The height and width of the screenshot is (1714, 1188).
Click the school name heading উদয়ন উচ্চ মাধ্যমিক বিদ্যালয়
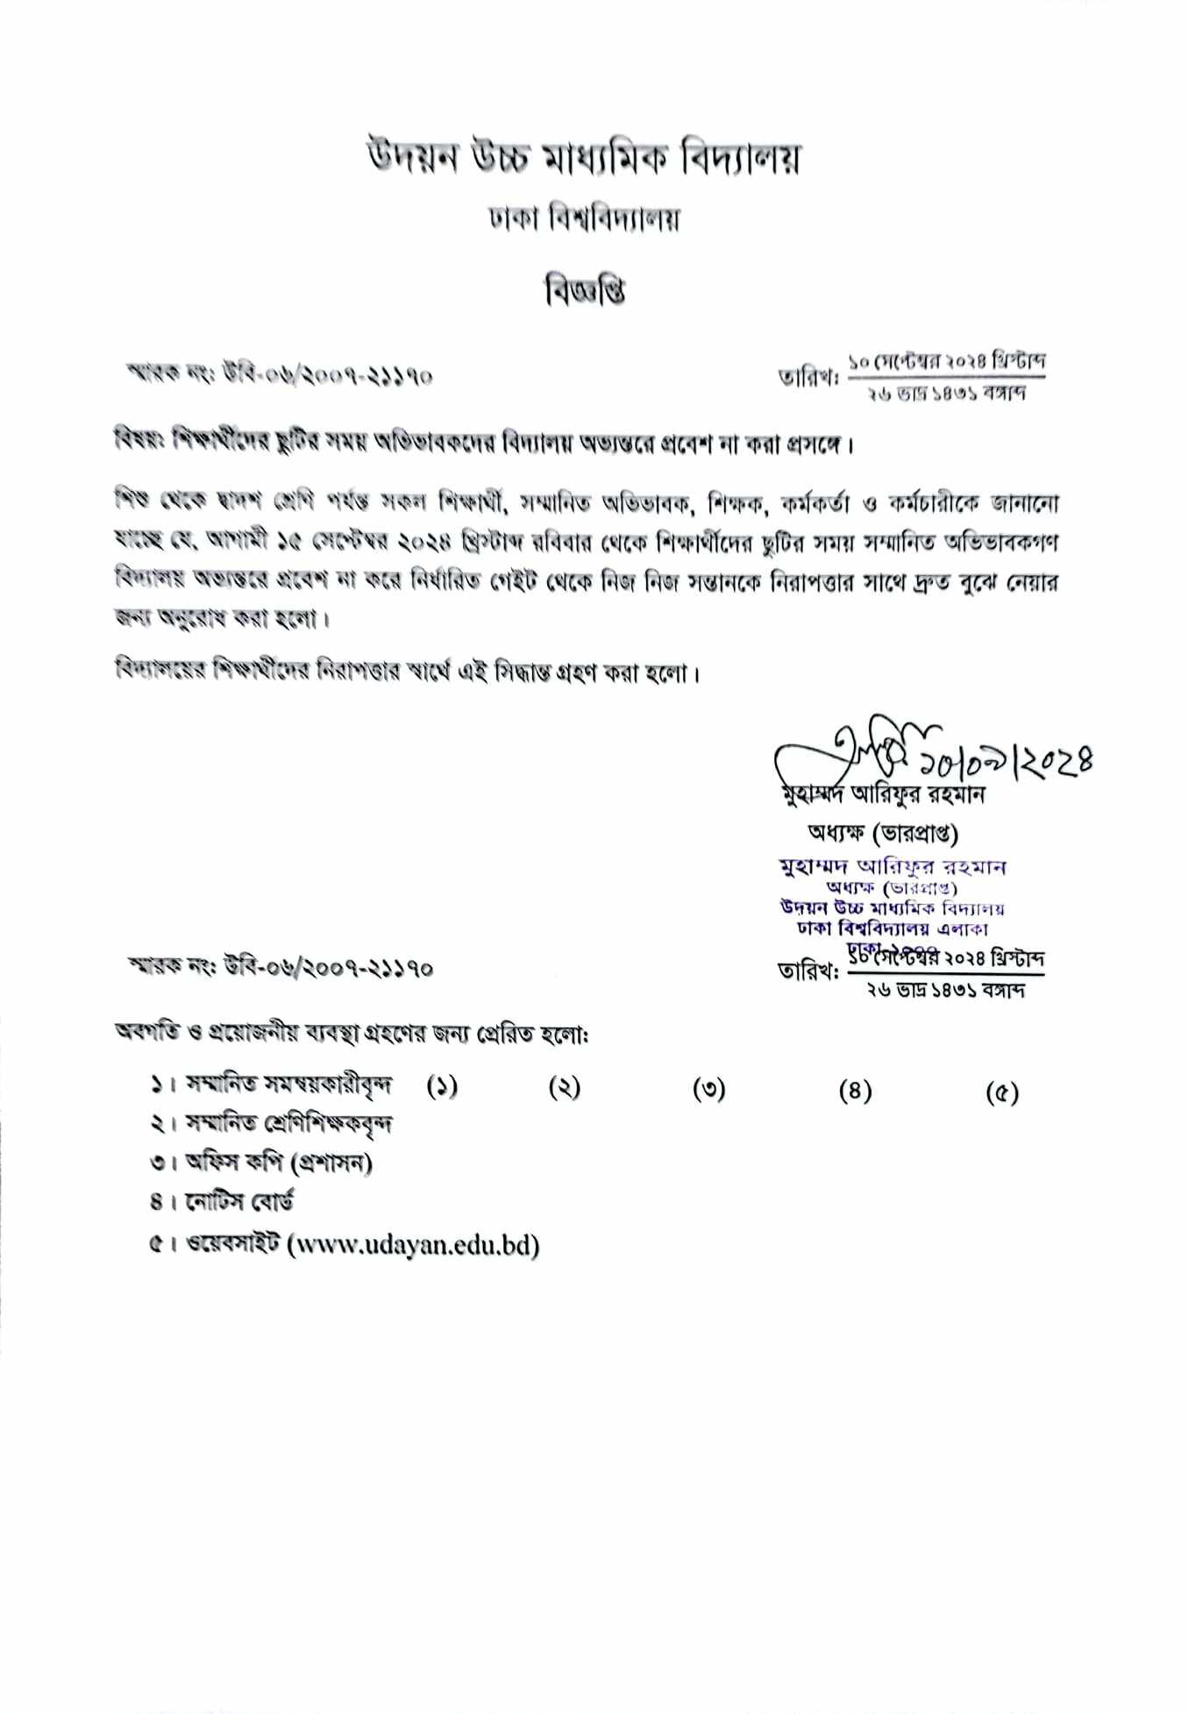[583, 159]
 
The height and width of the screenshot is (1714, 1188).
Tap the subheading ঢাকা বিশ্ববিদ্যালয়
[585, 219]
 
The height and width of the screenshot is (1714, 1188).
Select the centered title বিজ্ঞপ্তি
[585, 289]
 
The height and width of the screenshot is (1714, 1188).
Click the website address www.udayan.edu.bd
[413, 1245]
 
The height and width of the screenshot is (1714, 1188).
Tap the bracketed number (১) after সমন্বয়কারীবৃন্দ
[442, 1087]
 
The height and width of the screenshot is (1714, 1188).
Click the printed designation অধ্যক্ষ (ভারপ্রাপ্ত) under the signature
[883, 831]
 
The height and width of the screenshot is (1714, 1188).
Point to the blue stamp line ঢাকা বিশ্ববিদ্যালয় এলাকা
[887, 928]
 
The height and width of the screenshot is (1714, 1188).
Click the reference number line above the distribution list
[281, 969]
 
